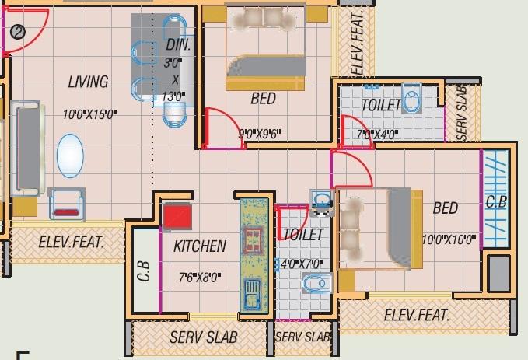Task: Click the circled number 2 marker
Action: click(x=18, y=32)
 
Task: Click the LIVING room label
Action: click(x=87, y=82)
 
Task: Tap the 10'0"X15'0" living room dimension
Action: click(x=89, y=114)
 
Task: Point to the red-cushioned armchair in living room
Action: click(x=66, y=205)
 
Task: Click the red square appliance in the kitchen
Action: click(x=177, y=215)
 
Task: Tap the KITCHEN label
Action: click(x=200, y=246)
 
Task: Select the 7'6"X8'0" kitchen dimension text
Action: click(x=201, y=275)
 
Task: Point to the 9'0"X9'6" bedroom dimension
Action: click(x=258, y=134)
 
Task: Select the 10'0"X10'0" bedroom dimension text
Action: click(x=448, y=239)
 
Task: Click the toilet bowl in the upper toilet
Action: click(x=412, y=101)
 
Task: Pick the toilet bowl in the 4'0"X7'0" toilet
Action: click(x=314, y=285)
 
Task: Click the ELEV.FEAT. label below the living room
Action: click(x=68, y=242)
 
